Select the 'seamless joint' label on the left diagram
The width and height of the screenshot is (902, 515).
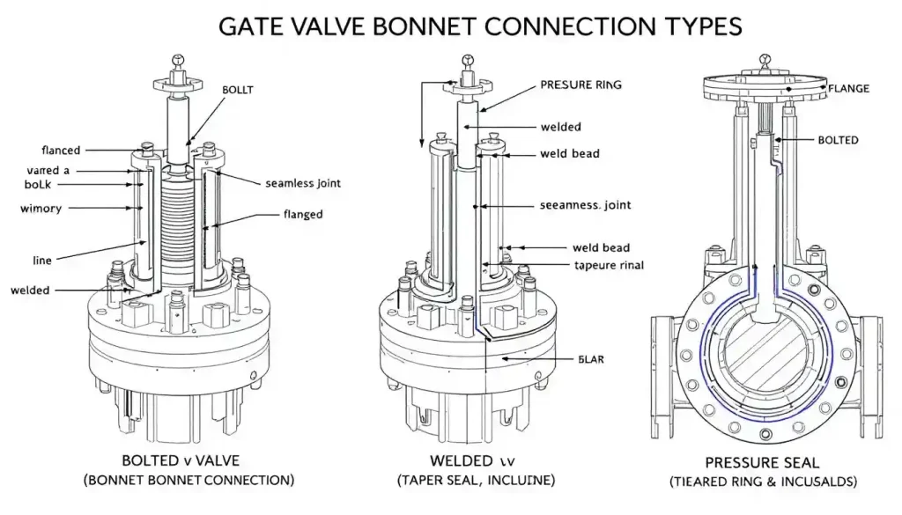click(x=302, y=184)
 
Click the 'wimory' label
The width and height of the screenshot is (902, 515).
click(x=41, y=209)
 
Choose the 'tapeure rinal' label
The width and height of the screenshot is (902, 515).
click(x=608, y=265)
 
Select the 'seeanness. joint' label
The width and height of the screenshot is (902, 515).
click(x=585, y=205)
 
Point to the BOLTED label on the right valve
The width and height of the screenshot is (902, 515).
click(x=838, y=140)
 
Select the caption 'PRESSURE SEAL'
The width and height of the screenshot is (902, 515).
click(x=762, y=462)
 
